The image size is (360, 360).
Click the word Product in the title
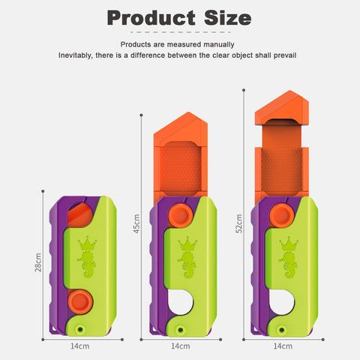tap(151, 19)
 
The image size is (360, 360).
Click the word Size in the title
tap(228, 18)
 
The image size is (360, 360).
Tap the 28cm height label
tap(38, 262)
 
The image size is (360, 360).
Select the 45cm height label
tap(136, 223)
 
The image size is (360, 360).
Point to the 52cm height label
tap(239, 223)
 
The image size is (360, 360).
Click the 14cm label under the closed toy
tap(79, 346)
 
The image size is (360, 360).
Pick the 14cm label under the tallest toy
tap(283, 346)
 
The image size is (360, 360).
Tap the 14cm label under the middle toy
tap(181, 346)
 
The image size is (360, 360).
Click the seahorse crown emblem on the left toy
tap(87, 256)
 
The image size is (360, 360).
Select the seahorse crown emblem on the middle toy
tap(187, 256)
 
